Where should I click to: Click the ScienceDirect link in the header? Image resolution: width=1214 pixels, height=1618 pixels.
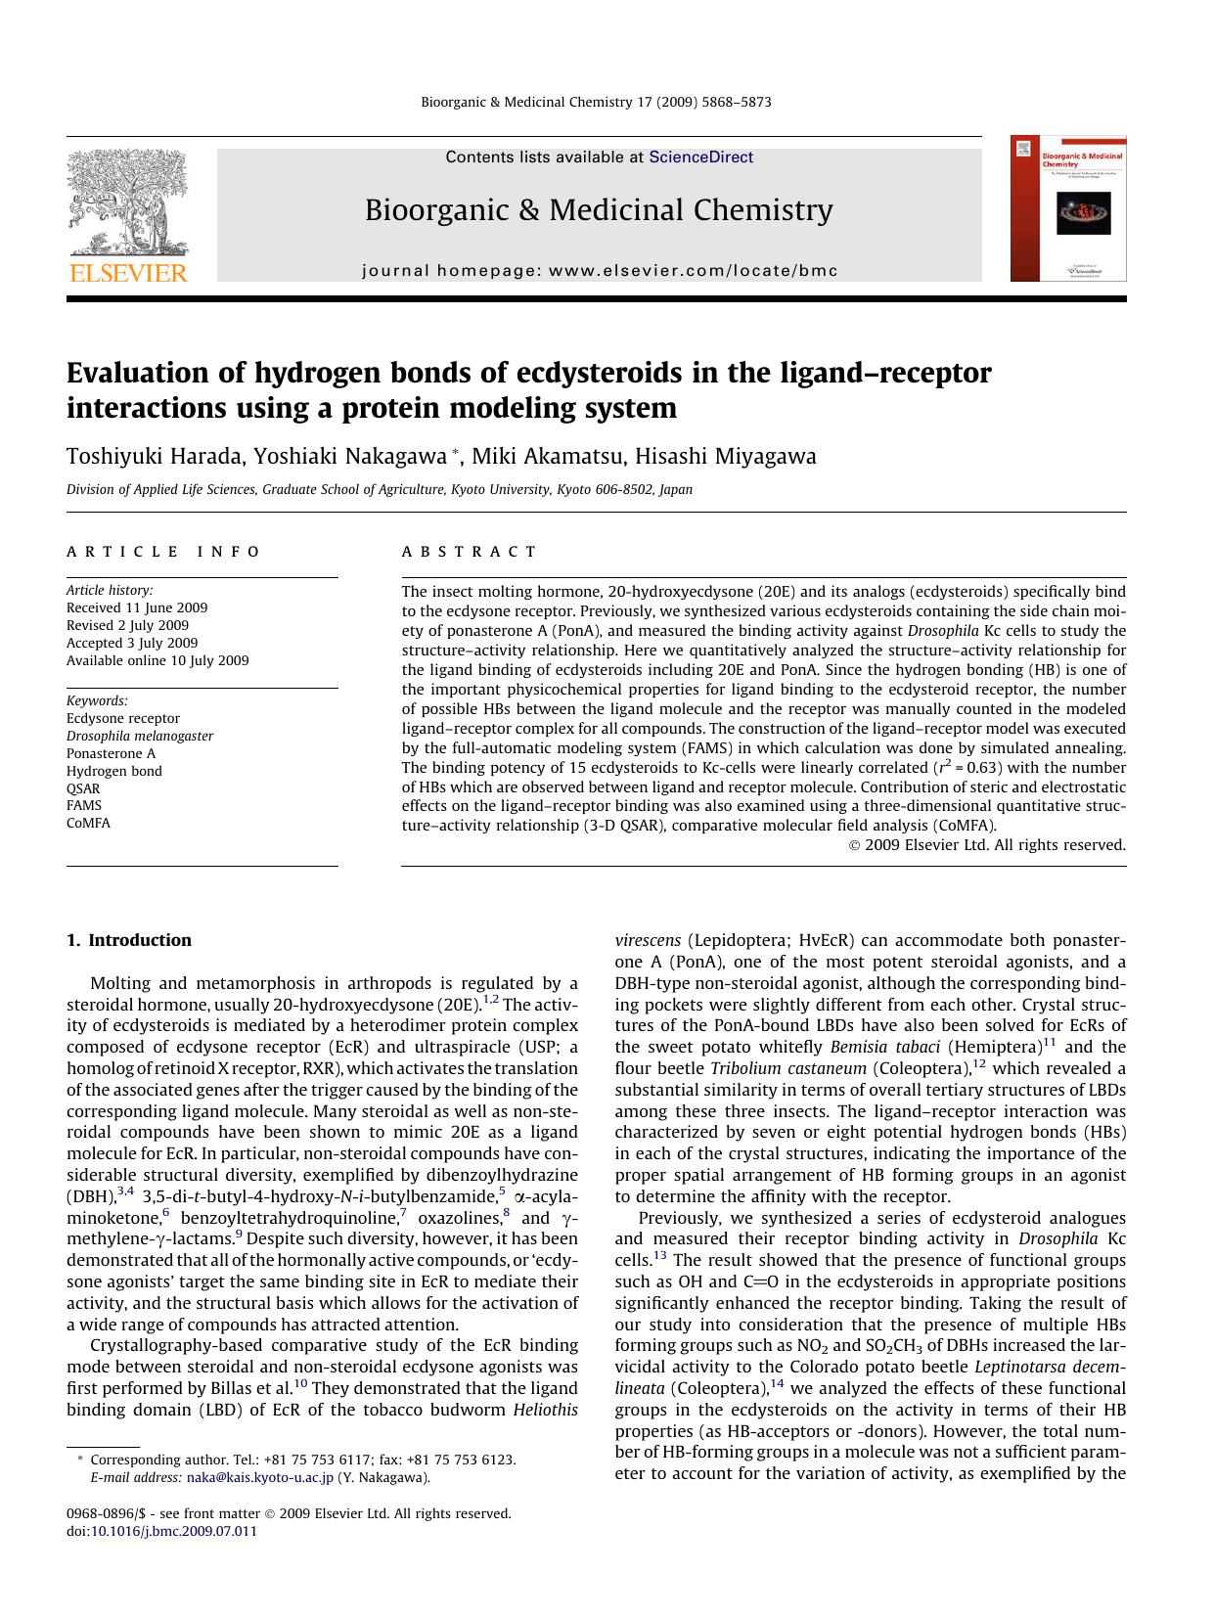(700, 157)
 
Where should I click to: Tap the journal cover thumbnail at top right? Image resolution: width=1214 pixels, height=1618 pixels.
(1068, 208)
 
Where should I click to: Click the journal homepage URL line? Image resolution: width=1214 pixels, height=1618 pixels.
(600, 271)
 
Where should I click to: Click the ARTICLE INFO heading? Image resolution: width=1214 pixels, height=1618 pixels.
(163, 552)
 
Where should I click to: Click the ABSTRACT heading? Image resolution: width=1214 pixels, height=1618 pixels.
(470, 552)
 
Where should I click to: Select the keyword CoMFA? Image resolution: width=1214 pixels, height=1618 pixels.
(88, 823)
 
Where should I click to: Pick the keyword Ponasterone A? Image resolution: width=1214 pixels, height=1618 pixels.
(111, 753)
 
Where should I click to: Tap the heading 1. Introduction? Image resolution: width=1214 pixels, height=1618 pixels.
(129, 940)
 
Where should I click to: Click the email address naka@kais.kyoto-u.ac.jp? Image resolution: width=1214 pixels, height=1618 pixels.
(259, 1477)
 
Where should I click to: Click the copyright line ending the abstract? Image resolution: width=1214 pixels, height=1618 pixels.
(986, 845)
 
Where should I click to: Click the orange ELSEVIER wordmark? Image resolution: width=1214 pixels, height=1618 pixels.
(126, 273)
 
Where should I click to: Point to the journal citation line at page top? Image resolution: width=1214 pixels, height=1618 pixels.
(596, 102)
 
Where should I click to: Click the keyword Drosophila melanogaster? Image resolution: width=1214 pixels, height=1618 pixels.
(140, 736)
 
